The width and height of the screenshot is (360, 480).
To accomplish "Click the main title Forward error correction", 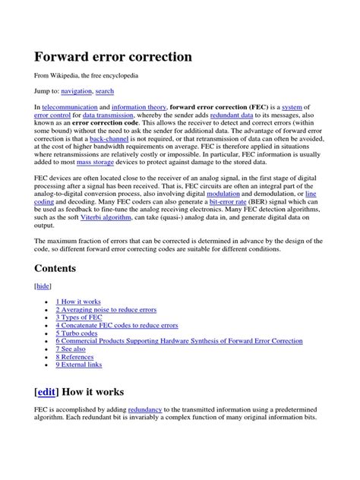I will [x=112, y=57].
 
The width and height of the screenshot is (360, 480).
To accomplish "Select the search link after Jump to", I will [x=106, y=91].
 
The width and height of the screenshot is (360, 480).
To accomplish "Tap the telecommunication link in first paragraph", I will [x=69, y=108].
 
